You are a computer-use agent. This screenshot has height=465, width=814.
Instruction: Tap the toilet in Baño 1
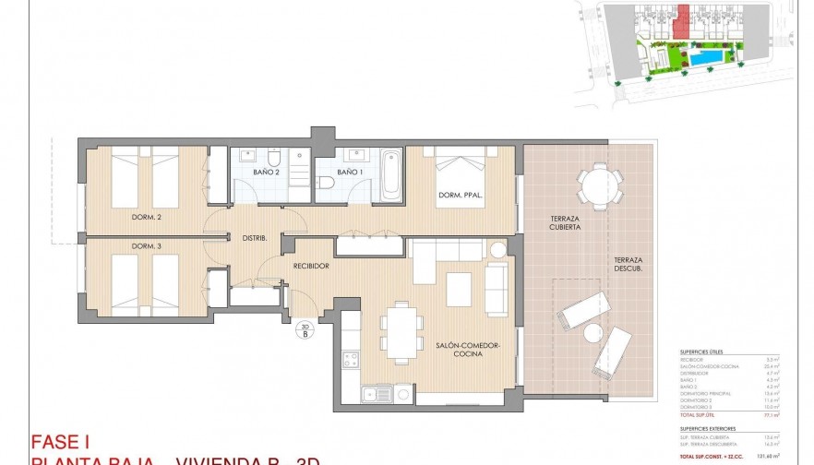click(x=327, y=185)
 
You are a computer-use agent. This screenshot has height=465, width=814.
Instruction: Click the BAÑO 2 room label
click(x=266, y=173)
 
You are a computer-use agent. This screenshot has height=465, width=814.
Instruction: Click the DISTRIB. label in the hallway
click(x=254, y=238)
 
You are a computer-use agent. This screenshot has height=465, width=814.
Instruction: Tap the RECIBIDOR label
click(x=312, y=266)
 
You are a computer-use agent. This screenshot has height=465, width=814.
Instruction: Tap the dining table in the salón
click(x=401, y=330)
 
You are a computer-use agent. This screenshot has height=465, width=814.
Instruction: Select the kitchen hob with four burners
click(x=351, y=360)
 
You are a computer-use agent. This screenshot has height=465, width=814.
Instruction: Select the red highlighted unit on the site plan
click(x=683, y=20)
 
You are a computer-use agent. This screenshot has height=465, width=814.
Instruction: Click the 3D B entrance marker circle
click(x=305, y=330)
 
